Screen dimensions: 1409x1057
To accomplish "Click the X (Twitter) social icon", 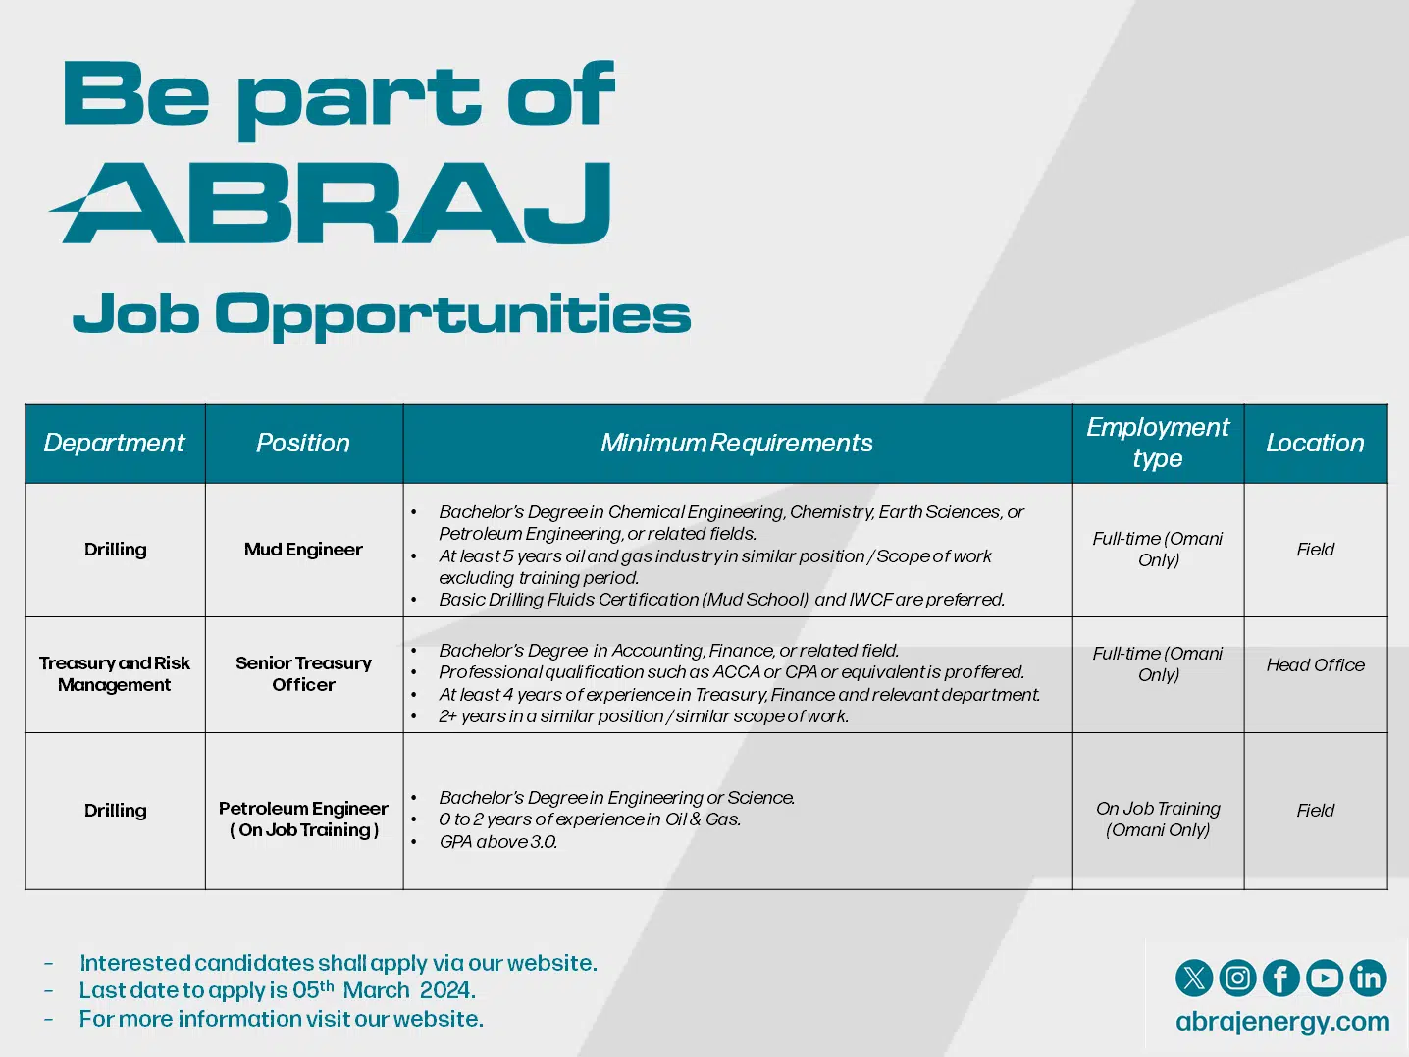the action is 1194,978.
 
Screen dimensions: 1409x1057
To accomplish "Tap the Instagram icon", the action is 1237,978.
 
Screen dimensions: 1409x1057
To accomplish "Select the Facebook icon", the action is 1281,978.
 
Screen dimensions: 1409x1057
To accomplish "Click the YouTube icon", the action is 1325,978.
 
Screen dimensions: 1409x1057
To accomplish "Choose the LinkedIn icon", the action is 1368,978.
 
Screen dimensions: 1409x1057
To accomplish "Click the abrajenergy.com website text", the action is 1282,1022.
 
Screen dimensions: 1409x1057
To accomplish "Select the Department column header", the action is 114,443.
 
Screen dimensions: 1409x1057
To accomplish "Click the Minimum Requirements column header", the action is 737,443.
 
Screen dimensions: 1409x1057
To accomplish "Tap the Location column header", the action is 1315,443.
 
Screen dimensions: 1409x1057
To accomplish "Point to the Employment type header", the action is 1158,443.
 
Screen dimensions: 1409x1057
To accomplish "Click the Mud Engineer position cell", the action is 303,550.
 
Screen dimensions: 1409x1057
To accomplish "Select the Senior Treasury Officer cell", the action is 303,674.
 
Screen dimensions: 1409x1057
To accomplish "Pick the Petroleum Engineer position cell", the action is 303,819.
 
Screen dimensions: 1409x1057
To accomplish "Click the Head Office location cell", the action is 1315,664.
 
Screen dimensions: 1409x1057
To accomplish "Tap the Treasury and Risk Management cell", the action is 115,674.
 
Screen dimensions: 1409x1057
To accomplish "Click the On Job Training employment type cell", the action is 1158,819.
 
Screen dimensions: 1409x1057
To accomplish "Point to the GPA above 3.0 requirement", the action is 498,841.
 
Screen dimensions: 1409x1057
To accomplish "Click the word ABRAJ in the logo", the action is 331,203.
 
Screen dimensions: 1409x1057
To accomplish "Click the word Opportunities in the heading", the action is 453,316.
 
